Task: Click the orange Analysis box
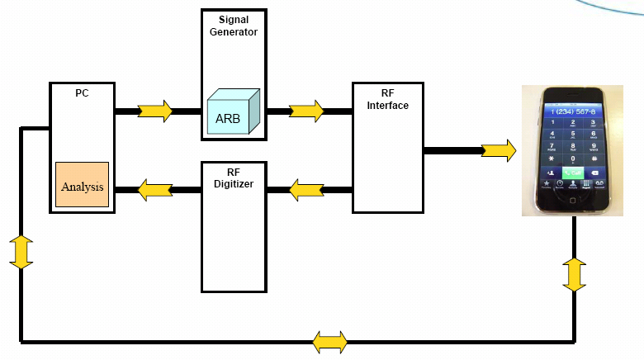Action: click(x=83, y=185)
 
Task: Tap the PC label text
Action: click(x=82, y=93)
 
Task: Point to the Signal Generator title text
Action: click(x=234, y=26)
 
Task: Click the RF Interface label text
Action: click(x=388, y=99)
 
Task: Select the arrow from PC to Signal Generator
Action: click(x=155, y=110)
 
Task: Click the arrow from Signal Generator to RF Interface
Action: click(x=306, y=110)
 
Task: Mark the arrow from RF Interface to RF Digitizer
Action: click(x=306, y=191)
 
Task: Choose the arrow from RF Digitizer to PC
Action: click(x=154, y=191)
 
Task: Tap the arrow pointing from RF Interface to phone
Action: click(x=499, y=150)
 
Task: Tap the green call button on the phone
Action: click(x=574, y=172)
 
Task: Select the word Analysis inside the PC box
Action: click(x=83, y=187)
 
